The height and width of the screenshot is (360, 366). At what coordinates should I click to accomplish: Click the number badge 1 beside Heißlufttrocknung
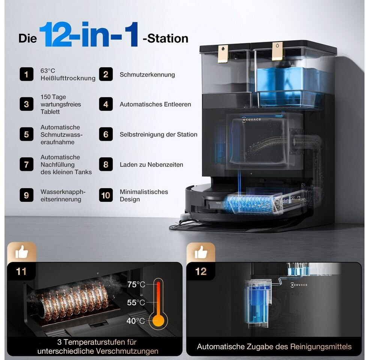tap(26, 74)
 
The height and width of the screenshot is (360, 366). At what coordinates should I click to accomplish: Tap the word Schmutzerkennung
tap(147, 75)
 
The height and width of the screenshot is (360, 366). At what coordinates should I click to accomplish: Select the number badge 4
tap(106, 104)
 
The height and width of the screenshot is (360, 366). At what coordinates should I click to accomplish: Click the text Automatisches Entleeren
tap(155, 104)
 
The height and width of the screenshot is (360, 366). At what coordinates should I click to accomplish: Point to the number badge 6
tap(106, 134)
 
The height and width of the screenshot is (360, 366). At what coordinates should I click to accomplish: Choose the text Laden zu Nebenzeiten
tap(151, 165)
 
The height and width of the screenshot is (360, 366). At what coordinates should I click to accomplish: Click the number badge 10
tap(106, 195)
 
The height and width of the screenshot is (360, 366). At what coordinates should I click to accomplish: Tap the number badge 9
tap(26, 195)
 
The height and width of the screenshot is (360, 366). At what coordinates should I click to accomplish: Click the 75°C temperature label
tap(136, 285)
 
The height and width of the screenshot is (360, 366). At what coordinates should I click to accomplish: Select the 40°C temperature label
tap(136, 321)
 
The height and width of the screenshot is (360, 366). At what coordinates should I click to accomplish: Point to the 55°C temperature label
tap(136, 303)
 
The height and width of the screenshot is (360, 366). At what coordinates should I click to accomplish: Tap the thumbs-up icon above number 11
tap(21, 252)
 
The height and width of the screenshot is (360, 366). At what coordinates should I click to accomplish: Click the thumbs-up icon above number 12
tap(201, 252)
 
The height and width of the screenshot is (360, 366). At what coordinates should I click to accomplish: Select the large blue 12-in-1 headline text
tap(89, 34)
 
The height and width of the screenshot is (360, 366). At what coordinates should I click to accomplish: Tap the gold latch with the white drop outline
tap(277, 51)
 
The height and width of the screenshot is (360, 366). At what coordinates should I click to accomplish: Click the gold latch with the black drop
tap(223, 54)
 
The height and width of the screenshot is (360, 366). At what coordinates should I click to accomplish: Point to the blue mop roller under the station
tap(249, 204)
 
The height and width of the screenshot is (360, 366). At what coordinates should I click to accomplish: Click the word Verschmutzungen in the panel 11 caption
tap(127, 351)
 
